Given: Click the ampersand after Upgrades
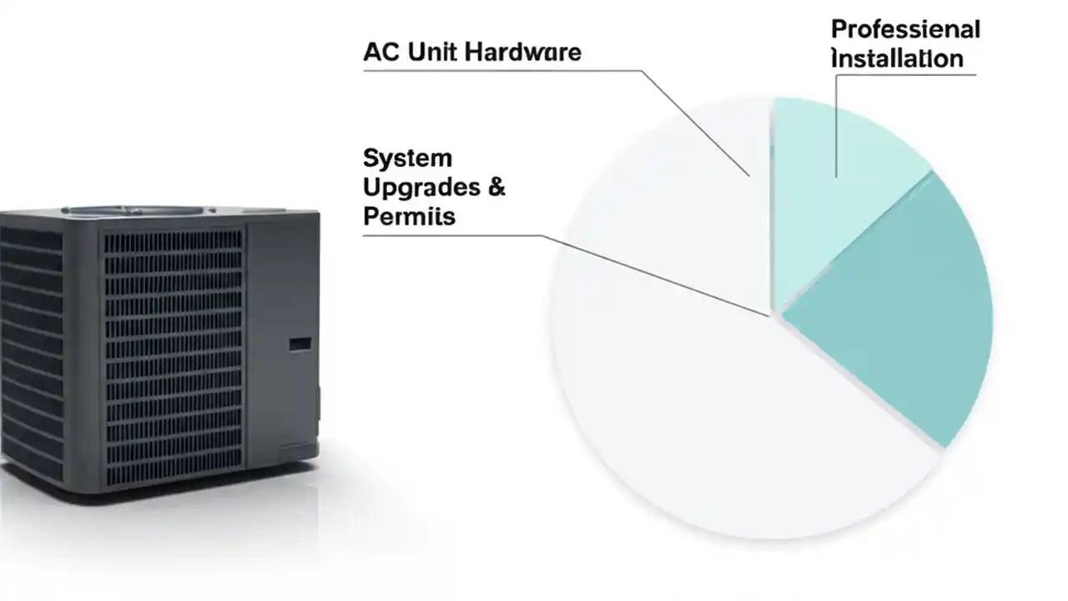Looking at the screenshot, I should coord(496,187).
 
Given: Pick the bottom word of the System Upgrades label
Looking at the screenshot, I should coord(410,216).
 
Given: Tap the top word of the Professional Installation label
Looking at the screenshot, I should coord(905,30).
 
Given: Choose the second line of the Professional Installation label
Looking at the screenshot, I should coord(897,59).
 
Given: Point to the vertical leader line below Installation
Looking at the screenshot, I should coord(836,125).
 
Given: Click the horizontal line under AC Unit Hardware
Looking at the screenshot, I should coord(501,71).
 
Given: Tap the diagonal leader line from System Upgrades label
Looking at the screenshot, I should coord(659,275).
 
